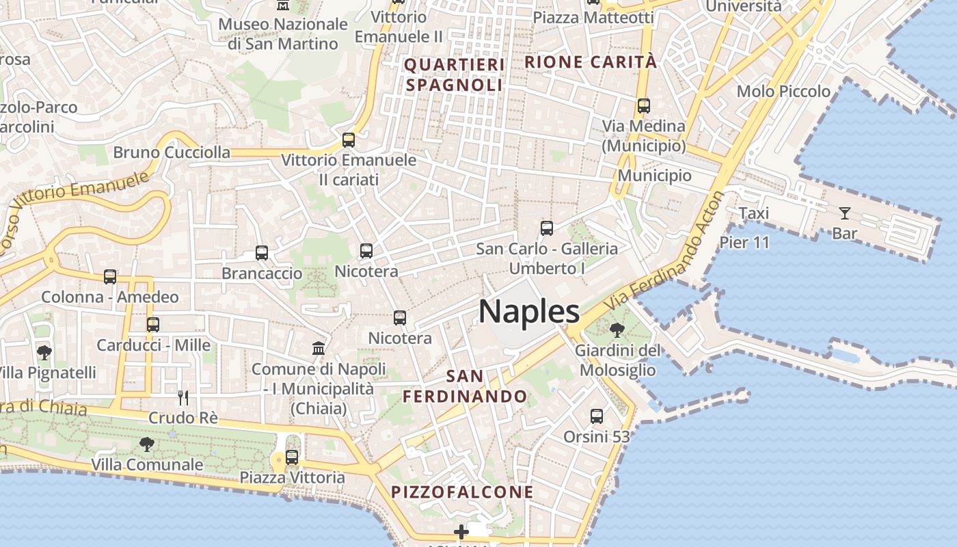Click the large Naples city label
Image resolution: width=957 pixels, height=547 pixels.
point(529,312)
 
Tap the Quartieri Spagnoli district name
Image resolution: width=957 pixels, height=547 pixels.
point(455,75)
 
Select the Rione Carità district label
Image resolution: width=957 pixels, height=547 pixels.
point(591,62)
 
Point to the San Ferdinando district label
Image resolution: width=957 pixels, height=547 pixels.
point(465,386)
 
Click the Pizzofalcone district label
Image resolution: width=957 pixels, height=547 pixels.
point(462,492)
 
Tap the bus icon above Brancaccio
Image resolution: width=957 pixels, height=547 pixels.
point(262,253)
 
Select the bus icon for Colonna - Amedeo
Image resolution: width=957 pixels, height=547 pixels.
point(110,277)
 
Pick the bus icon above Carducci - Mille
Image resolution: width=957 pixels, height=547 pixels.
point(153,325)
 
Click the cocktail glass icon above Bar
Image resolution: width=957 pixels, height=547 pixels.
point(845,213)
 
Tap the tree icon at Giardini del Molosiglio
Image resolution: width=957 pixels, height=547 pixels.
point(617,331)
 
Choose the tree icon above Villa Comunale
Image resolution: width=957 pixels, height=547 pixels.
point(147,444)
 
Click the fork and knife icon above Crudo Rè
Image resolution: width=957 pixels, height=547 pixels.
point(183,397)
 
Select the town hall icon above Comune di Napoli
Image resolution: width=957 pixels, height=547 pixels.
point(319,349)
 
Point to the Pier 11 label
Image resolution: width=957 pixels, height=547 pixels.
point(744,242)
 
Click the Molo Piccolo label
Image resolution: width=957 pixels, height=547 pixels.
point(783,92)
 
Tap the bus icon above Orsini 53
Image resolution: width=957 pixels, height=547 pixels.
point(597,416)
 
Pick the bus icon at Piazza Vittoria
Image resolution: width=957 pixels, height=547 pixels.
point(292,457)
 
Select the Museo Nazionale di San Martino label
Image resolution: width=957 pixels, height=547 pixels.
point(283,34)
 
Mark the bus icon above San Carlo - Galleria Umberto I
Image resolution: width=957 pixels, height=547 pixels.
point(547,228)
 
